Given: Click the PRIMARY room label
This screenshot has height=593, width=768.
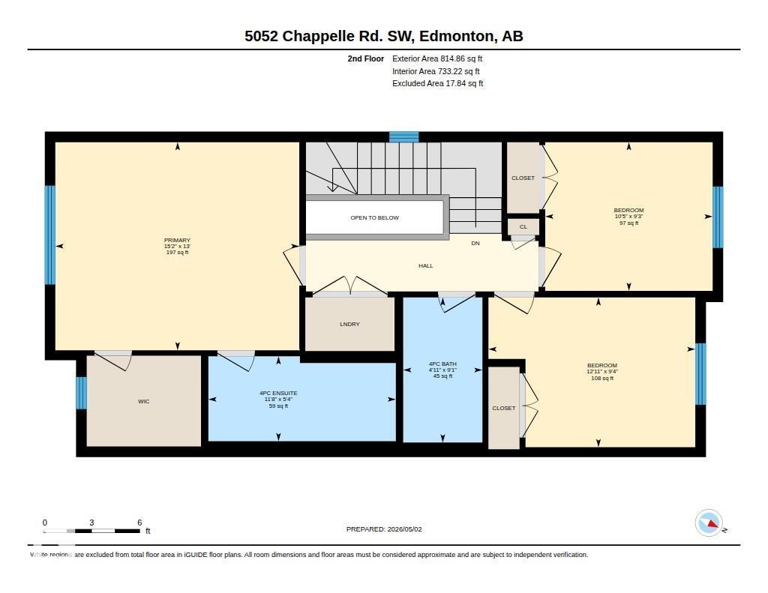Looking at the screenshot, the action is click(177, 240).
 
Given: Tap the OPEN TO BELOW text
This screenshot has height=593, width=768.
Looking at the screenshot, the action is click(375, 217).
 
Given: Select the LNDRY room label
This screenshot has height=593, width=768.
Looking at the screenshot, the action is click(349, 324).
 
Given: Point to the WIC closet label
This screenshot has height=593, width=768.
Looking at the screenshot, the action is click(143, 402).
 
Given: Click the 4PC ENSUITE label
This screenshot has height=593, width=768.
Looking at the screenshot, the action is click(278, 393).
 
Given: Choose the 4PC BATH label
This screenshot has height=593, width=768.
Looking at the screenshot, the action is click(442, 364).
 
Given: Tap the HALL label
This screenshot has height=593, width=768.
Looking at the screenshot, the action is click(426, 266).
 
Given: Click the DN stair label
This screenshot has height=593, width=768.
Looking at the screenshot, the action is click(475, 244).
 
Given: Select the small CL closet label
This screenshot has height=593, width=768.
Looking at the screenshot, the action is click(523, 226).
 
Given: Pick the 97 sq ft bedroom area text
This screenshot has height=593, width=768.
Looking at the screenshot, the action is click(629, 223).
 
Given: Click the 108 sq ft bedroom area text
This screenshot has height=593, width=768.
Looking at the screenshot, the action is click(602, 378).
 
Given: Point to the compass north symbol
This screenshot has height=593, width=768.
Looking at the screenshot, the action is click(709, 523).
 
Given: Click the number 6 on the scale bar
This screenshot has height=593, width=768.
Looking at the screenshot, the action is click(139, 523).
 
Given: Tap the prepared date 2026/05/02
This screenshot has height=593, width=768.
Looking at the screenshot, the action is click(404, 529).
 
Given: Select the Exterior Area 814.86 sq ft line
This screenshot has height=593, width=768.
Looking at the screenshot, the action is click(437, 58).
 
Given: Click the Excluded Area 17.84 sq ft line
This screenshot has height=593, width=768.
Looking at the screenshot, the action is click(438, 84).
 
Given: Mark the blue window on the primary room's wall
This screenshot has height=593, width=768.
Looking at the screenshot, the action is click(50, 235).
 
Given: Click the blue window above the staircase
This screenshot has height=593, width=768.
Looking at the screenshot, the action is click(404, 136).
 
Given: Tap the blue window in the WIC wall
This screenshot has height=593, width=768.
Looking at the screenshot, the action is click(81, 393).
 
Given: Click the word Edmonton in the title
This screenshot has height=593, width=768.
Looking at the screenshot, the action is click(456, 36).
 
